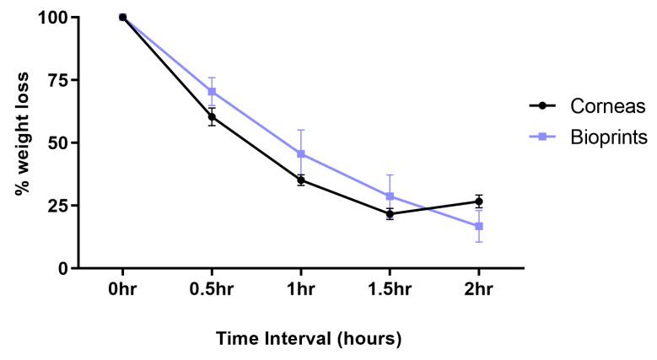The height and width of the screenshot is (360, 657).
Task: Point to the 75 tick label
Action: (57, 80)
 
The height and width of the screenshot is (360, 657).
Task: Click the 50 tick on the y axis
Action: (57, 142)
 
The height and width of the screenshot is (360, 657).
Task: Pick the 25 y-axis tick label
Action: (57, 206)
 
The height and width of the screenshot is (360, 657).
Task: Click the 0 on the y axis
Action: (62, 268)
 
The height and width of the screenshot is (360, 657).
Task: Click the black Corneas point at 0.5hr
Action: (212, 116)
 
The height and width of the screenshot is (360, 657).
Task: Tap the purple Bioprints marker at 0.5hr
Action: (212, 91)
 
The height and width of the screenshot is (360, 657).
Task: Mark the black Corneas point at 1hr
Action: (300, 180)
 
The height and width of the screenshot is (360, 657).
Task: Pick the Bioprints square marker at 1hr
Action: (300, 153)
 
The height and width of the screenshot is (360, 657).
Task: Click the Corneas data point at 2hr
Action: (478, 201)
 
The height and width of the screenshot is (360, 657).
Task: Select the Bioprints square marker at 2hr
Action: (478, 226)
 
